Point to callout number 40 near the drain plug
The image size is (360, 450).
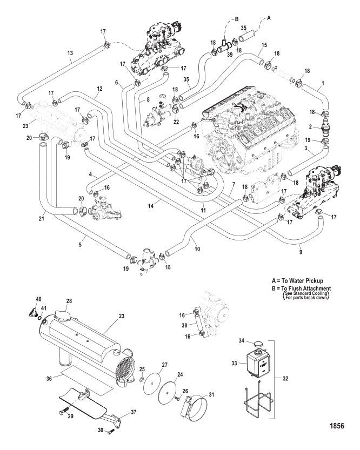(x=38, y=299)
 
